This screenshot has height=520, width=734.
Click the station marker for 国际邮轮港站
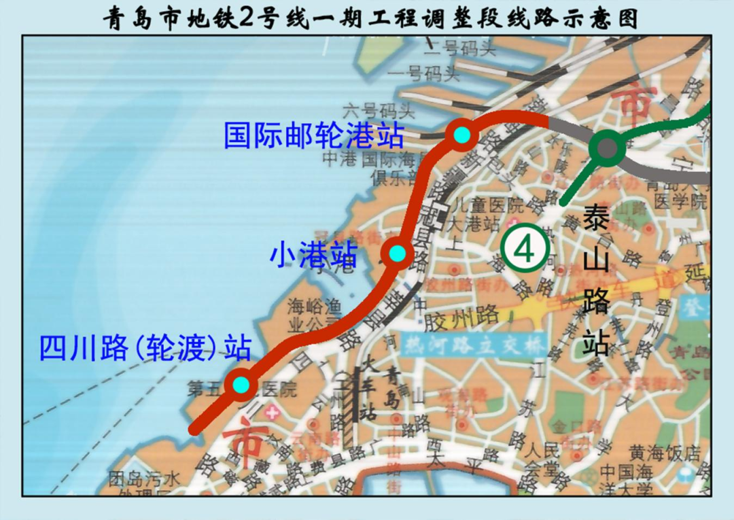pos(462,135)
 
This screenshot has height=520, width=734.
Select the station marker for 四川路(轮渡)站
pos(241,385)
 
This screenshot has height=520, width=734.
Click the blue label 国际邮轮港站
pos(313,135)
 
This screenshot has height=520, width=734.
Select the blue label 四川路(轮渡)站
pos(145,349)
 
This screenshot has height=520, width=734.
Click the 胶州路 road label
pos(470,315)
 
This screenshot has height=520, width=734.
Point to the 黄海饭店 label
pos(664,453)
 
